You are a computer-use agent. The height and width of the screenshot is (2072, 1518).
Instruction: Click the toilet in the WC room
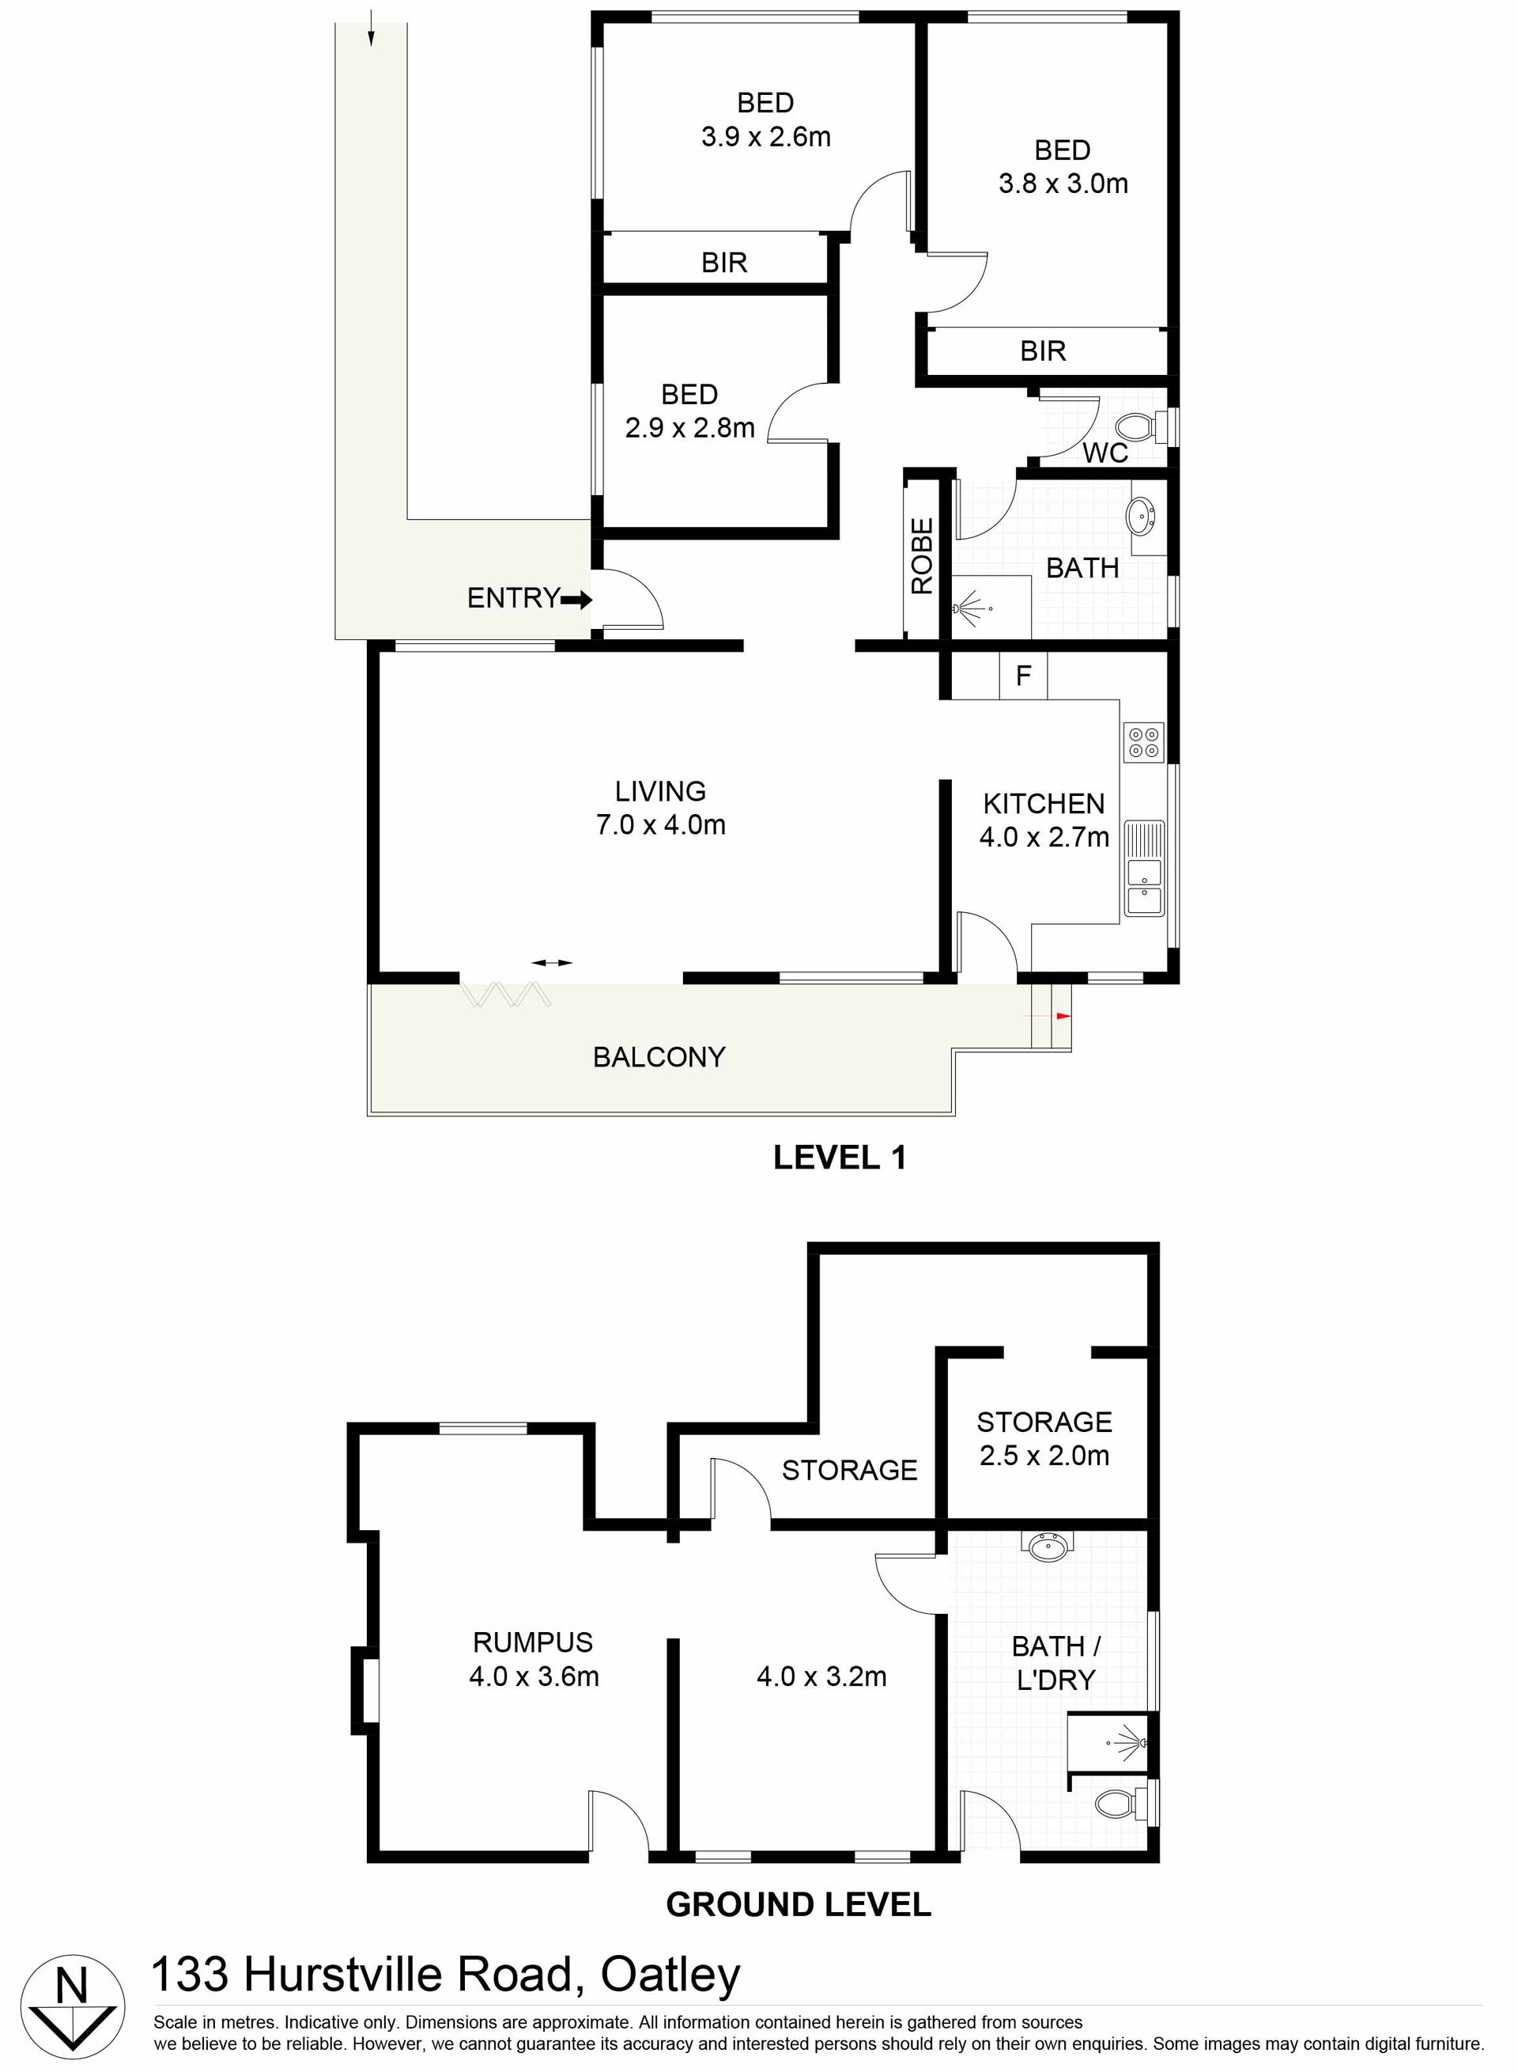(x=1138, y=426)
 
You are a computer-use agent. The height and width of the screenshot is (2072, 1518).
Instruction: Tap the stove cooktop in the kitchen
(x=1144, y=743)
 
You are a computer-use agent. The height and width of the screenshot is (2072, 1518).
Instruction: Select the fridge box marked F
(x=1024, y=676)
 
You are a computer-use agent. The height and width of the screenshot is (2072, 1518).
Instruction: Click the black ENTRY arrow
(x=577, y=600)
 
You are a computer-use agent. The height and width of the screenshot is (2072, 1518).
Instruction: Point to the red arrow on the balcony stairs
(x=1064, y=1016)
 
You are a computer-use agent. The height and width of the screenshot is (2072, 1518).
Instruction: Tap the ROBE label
(x=923, y=556)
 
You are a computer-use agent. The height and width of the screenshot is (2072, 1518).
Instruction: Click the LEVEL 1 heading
(x=840, y=1157)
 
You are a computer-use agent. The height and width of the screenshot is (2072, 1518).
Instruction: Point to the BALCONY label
(x=659, y=1057)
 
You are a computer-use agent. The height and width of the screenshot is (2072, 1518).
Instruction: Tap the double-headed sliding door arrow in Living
(x=552, y=963)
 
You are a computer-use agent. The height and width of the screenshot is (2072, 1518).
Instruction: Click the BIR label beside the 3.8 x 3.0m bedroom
(x=1043, y=350)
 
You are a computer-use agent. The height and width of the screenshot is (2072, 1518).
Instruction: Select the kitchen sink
(x=1144, y=868)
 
